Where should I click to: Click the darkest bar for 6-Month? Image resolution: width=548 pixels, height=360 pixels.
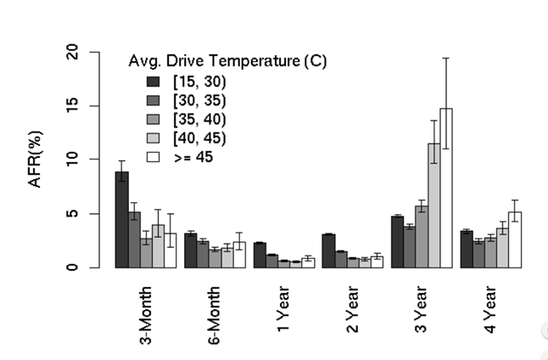191,250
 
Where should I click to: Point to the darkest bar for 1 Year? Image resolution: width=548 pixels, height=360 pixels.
260,255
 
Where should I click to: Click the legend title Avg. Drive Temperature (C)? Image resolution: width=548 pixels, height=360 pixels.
228,61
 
